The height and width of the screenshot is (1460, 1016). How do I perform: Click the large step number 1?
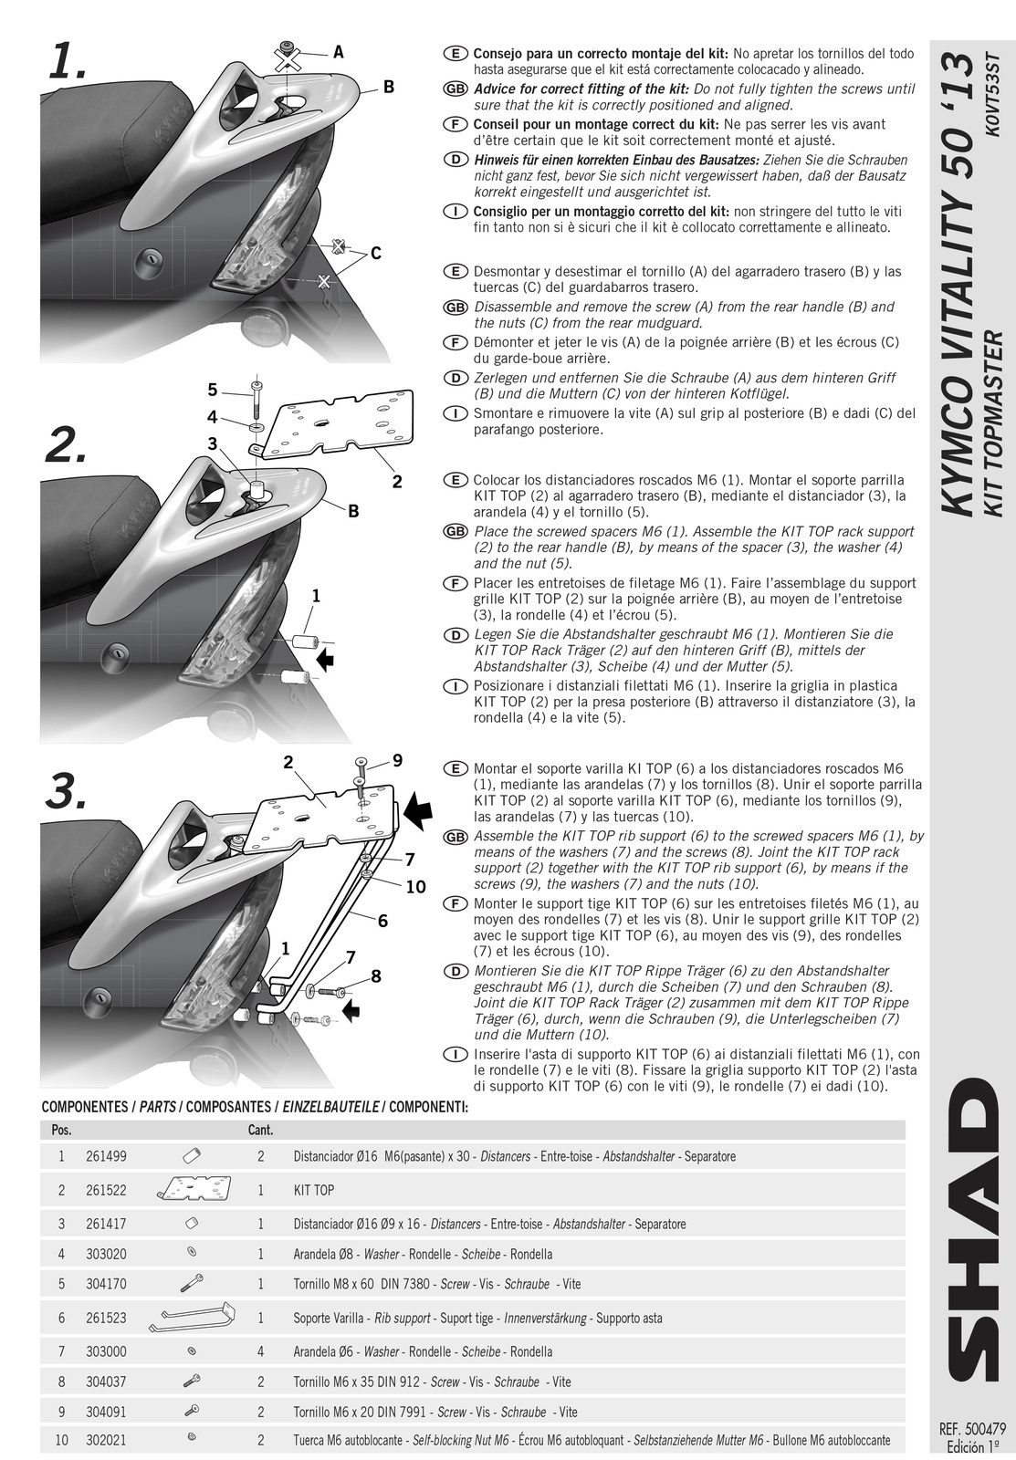pyautogui.click(x=68, y=64)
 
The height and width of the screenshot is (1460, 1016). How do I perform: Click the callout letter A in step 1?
pyautogui.click(x=338, y=53)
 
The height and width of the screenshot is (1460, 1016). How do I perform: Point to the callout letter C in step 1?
pyautogui.click(x=374, y=255)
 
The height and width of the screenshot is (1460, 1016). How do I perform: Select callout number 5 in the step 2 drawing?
pyautogui.click(x=213, y=391)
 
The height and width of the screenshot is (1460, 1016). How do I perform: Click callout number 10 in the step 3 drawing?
pyautogui.click(x=415, y=886)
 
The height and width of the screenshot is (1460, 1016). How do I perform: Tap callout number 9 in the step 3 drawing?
pyautogui.click(x=397, y=760)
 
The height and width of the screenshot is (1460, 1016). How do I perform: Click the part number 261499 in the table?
pyautogui.click(x=106, y=1156)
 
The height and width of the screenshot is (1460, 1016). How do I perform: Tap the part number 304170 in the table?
pyautogui.click(x=106, y=1284)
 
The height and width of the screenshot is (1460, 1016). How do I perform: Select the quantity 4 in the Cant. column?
pyautogui.click(x=260, y=1351)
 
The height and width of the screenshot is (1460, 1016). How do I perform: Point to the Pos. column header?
pyautogui.click(x=62, y=1131)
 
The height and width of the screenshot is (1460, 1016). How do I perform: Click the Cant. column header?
pyautogui.click(x=260, y=1131)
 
